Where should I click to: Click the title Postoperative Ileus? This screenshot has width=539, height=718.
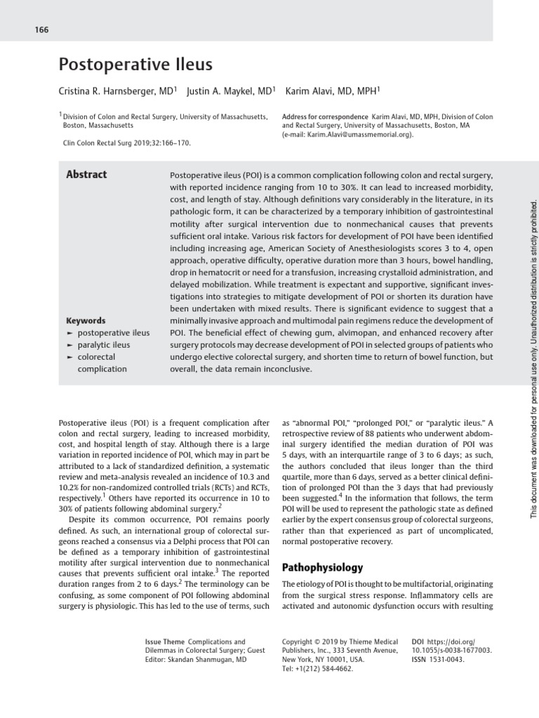click(x=135, y=66)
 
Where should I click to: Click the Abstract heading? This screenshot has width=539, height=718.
click(x=86, y=175)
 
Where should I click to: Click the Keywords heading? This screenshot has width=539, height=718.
click(x=86, y=320)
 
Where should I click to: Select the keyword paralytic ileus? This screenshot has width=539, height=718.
click(x=103, y=345)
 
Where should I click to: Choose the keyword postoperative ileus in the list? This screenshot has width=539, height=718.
click(x=113, y=333)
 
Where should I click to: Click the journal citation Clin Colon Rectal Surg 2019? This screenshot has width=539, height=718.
click(x=127, y=142)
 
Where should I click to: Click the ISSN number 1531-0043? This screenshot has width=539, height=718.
click(x=446, y=660)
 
